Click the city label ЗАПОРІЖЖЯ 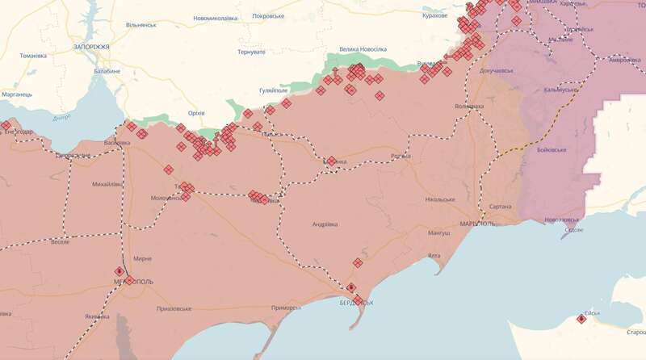click(x=90, y=48)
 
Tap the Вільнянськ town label click(x=141, y=25)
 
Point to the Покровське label click(x=269, y=15)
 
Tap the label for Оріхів click(x=196, y=113)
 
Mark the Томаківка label click(x=33, y=56)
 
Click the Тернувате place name click(x=251, y=52)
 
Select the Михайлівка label click(x=107, y=184)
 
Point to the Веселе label click(x=60, y=241)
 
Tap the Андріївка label click(x=325, y=224)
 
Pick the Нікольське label click(x=441, y=199)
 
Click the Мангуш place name click(x=439, y=233)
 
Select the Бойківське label click(x=552, y=150)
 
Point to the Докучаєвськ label click(x=497, y=71)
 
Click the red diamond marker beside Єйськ click(x=581, y=319)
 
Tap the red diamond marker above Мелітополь click(x=120, y=271)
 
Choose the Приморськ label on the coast click(x=286, y=308)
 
